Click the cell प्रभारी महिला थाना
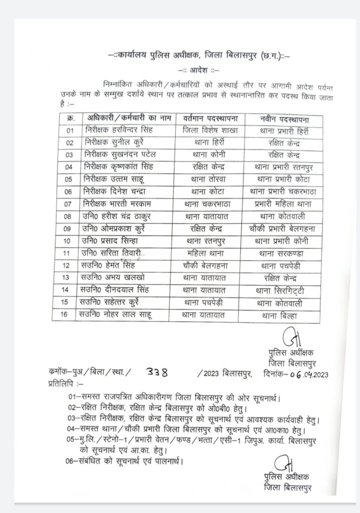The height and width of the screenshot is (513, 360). (281, 204)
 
